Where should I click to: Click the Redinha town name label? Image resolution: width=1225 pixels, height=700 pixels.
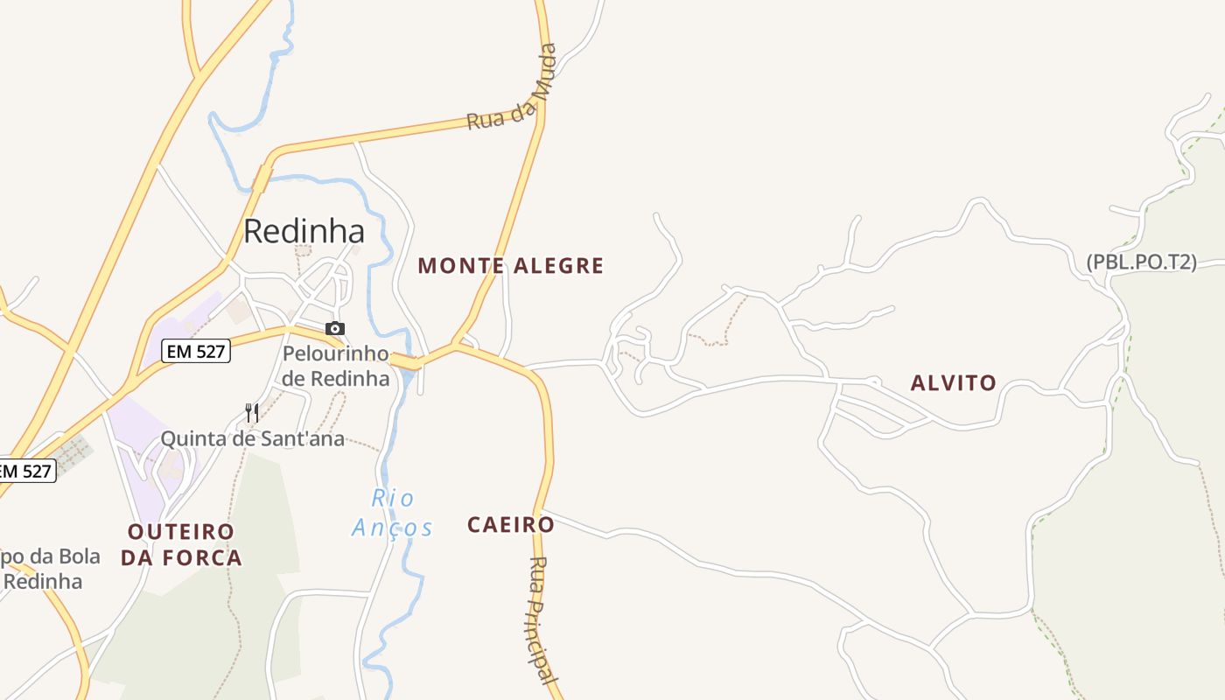pyautogui.click(x=304, y=231)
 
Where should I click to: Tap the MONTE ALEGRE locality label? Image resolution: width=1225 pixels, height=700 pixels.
pyautogui.click(x=511, y=265)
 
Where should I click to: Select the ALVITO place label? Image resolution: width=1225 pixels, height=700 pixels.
pyautogui.click(x=953, y=382)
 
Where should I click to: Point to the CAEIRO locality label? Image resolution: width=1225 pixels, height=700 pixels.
pyautogui.click(x=511, y=525)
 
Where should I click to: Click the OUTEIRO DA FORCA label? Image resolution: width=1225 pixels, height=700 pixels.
pyautogui.click(x=181, y=544)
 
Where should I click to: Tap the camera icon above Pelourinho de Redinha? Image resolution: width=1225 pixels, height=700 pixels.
pyautogui.click(x=335, y=329)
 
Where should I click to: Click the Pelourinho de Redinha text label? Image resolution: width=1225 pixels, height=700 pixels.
pyautogui.click(x=335, y=366)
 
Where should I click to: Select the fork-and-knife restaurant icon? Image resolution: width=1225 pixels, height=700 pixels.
pyautogui.click(x=251, y=412)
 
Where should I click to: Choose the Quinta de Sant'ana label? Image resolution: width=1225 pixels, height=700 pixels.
pyautogui.click(x=252, y=439)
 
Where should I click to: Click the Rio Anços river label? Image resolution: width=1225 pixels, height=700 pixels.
pyautogui.click(x=393, y=513)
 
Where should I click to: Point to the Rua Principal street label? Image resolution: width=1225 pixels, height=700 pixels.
pyautogui.click(x=542, y=619)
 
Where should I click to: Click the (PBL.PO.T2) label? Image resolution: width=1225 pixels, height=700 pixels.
pyautogui.click(x=1141, y=262)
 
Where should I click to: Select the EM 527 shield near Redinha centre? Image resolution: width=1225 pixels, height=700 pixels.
pyautogui.click(x=195, y=352)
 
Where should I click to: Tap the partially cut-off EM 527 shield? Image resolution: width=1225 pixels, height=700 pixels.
pyautogui.click(x=27, y=471)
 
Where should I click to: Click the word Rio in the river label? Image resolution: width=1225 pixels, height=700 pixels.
pyautogui.click(x=393, y=498)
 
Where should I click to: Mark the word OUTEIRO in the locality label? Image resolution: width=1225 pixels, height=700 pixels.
pyautogui.click(x=181, y=532)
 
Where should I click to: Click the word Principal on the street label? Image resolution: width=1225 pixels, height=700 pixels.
pyautogui.click(x=544, y=639)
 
